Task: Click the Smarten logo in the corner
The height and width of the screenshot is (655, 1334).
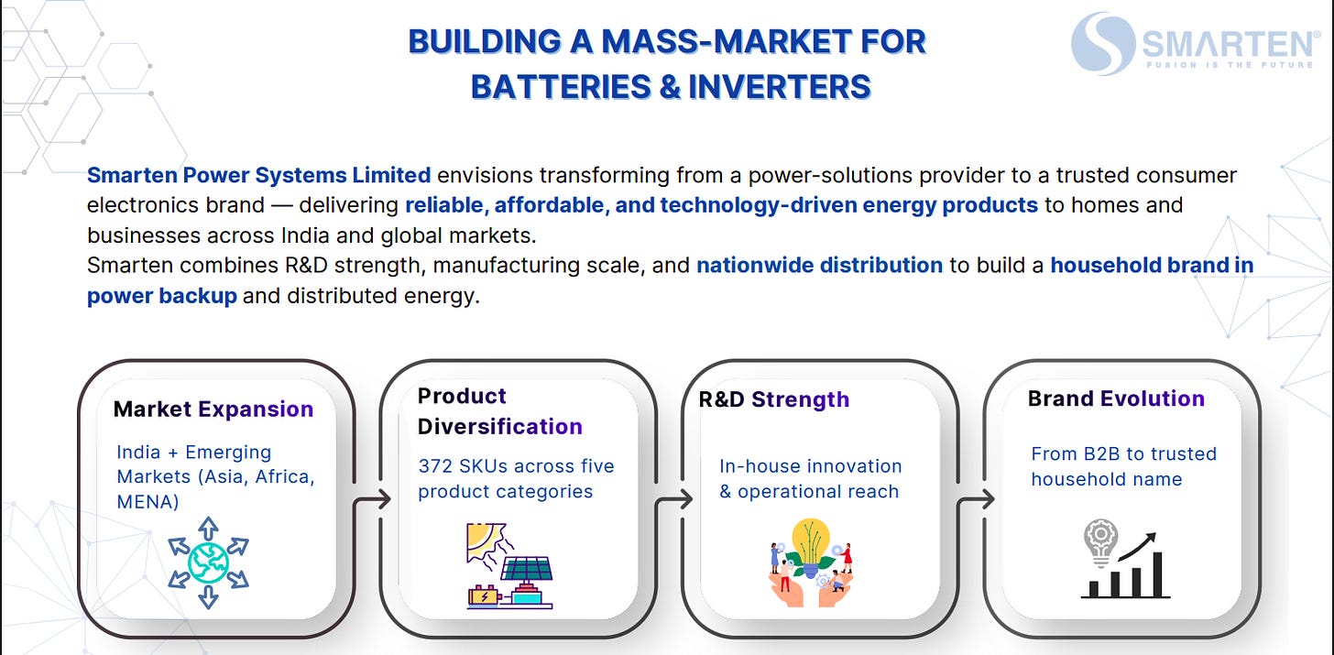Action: [1195, 43]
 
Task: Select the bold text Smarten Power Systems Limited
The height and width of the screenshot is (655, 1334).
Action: [258, 175]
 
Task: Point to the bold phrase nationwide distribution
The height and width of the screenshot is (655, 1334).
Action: [819, 266]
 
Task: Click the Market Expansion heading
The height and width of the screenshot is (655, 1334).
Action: [213, 409]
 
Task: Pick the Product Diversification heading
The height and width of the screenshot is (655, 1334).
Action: [499, 411]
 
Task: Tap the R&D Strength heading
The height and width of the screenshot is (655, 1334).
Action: [774, 399]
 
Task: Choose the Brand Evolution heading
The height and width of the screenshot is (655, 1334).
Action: [1115, 398]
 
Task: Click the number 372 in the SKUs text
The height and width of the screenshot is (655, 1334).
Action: [436, 466]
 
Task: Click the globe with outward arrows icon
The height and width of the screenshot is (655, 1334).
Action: [209, 562]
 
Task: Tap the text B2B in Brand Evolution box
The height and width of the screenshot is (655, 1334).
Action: [1104, 454]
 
